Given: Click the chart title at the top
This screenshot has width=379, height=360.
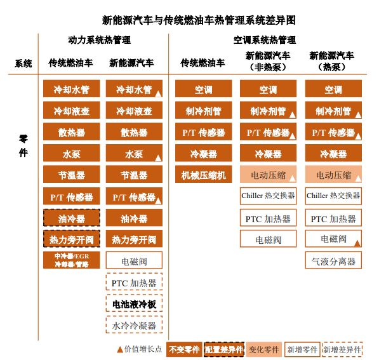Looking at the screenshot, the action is [199, 20].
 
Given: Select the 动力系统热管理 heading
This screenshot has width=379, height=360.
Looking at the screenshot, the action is [99, 40].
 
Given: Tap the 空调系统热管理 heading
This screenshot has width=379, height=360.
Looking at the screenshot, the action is [265, 40].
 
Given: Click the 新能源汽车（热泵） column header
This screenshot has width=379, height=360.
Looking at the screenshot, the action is [331, 61].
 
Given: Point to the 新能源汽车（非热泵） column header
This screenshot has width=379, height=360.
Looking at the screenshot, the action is [268, 61].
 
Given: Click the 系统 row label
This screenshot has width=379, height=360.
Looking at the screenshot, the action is [23, 63].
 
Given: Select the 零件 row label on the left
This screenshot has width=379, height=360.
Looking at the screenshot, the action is [23, 146].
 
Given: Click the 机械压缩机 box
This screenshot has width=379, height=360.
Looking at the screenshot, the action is [204, 174].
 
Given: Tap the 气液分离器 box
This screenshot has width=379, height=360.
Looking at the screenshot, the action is [333, 260].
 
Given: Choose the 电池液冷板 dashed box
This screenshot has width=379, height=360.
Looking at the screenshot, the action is [134, 303].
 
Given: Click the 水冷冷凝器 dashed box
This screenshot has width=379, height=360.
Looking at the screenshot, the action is [134, 324].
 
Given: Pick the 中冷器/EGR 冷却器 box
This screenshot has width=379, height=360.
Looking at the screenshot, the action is [72, 260].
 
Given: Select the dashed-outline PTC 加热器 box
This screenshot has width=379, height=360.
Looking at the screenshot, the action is [134, 282].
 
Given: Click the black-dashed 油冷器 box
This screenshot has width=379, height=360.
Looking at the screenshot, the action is [72, 218].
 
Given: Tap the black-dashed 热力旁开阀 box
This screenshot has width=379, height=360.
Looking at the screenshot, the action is [72, 239].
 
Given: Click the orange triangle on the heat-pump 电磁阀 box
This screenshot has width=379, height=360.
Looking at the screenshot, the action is [357, 243].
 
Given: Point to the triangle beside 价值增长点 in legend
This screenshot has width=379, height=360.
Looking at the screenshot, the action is [120, 349].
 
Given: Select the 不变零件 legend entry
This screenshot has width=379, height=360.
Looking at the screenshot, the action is [184, 349].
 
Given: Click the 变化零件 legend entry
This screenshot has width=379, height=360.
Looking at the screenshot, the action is [264, 349].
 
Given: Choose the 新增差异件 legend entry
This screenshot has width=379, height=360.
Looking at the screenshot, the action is [342, 349].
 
